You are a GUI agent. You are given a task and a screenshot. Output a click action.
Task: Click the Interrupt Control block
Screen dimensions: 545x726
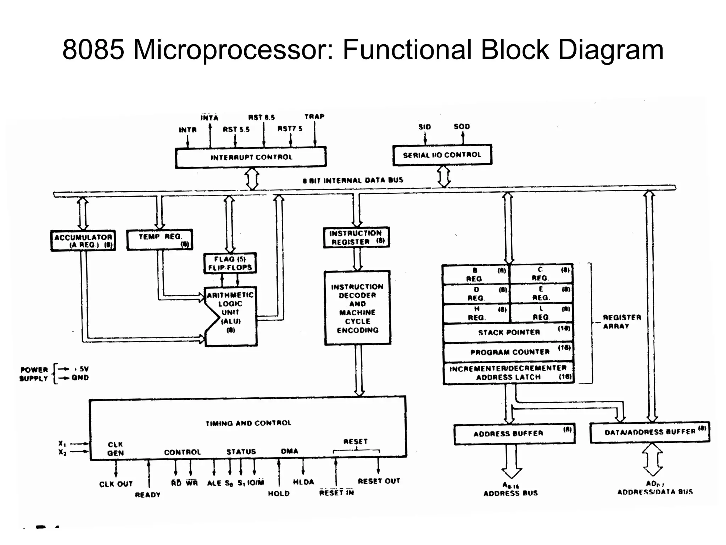(251, 157)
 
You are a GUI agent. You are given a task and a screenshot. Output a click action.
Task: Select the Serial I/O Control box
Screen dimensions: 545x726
(442, 155)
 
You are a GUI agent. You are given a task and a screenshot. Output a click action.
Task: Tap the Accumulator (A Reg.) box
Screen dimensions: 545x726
(83, 241)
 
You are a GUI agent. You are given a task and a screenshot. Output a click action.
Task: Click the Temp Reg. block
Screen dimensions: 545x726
(160, 240)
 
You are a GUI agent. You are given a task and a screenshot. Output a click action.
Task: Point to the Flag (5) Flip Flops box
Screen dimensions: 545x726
(230, 263)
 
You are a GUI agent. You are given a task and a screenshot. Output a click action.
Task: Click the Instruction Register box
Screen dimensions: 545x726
(356, 237)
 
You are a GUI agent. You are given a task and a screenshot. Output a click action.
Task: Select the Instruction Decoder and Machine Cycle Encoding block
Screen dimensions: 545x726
(357, 308)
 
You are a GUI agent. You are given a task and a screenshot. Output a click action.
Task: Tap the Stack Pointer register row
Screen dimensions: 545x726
(508, 332)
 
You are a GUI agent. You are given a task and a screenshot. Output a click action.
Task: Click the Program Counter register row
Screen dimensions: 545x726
(508, 352)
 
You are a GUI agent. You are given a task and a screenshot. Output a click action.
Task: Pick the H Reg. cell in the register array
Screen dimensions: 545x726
(476, 313)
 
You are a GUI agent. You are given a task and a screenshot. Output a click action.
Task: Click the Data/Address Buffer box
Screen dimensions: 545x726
(649, 432)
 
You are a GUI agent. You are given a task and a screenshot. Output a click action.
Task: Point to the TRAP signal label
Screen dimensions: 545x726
(314, 117)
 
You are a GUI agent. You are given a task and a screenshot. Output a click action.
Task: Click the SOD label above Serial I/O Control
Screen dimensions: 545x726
(462, 127)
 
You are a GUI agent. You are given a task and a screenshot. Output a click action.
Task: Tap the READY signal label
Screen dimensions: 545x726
(147, 495)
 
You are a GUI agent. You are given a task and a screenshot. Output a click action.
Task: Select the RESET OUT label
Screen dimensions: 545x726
(379, 481)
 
